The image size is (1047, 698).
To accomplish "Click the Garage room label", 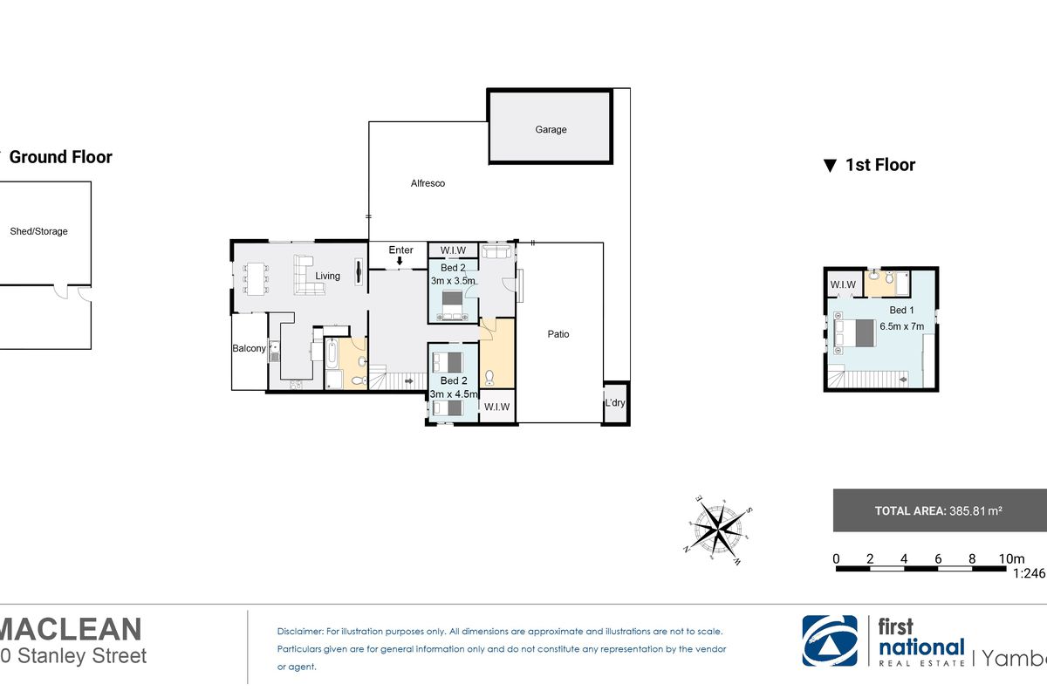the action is (x=551, y=129).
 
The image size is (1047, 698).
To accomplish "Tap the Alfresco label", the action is (x=428, y=183).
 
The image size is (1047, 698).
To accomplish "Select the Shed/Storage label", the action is (x=38, y=231).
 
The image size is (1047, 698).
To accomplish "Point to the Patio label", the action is (x=558, y=334).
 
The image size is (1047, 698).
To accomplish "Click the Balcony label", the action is (x=250, y=348).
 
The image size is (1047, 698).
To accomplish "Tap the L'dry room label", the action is (x=615, y=402).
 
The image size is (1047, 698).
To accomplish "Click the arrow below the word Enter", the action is (x=400, y=261).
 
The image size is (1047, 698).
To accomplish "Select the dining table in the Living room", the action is (x=256, y=279).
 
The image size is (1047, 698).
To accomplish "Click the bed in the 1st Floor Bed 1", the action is (x=854, y=332).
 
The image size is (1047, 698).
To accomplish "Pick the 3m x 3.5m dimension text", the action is (x=453, y=281).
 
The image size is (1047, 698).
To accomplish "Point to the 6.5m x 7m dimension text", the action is (x=901, y=326).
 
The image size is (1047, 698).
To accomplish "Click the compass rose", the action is (x=718, y=530).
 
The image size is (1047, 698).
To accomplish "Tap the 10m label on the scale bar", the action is (x=1011, y=558).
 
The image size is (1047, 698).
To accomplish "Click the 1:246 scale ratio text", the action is (x=1029, y=573).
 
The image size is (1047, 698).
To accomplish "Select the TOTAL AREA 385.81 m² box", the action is (x=940, y=510).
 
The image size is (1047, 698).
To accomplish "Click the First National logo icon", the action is (x=830, y=640).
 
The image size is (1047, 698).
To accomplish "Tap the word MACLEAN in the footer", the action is (x=70, y=629).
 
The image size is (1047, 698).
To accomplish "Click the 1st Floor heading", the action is (x=880, y=165).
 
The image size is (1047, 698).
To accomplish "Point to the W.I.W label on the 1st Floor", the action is (x=843, y=284).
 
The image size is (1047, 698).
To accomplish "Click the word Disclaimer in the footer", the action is (x=299, y=631).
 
